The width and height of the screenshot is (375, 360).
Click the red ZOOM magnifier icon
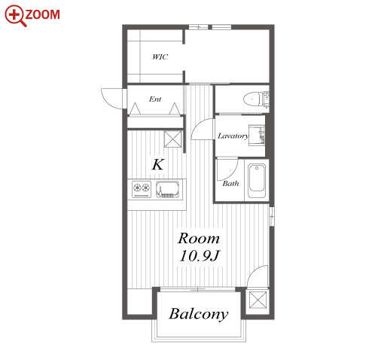click(15, 16)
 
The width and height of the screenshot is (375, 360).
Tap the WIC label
click(160, 57)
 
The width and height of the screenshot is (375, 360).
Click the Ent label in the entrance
click(155, 99)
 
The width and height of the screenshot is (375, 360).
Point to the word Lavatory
click(233, 136)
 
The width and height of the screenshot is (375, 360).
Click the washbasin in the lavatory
click(257, 135)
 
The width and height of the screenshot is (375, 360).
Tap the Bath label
click(230, 183)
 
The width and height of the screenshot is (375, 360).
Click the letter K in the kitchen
click(158, 165)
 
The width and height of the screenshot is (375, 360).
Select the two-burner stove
click(142, 189)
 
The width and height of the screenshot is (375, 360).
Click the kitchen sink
click(168, 189)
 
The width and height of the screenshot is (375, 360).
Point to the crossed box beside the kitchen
click(172, 139)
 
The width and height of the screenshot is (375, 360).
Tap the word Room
click(199, 238)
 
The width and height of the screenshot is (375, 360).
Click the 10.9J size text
click(200, 256)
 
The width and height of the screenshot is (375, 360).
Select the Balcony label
click(199, 314)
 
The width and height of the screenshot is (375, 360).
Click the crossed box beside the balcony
click(258, 300)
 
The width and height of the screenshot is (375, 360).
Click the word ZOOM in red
click(43, 14)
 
